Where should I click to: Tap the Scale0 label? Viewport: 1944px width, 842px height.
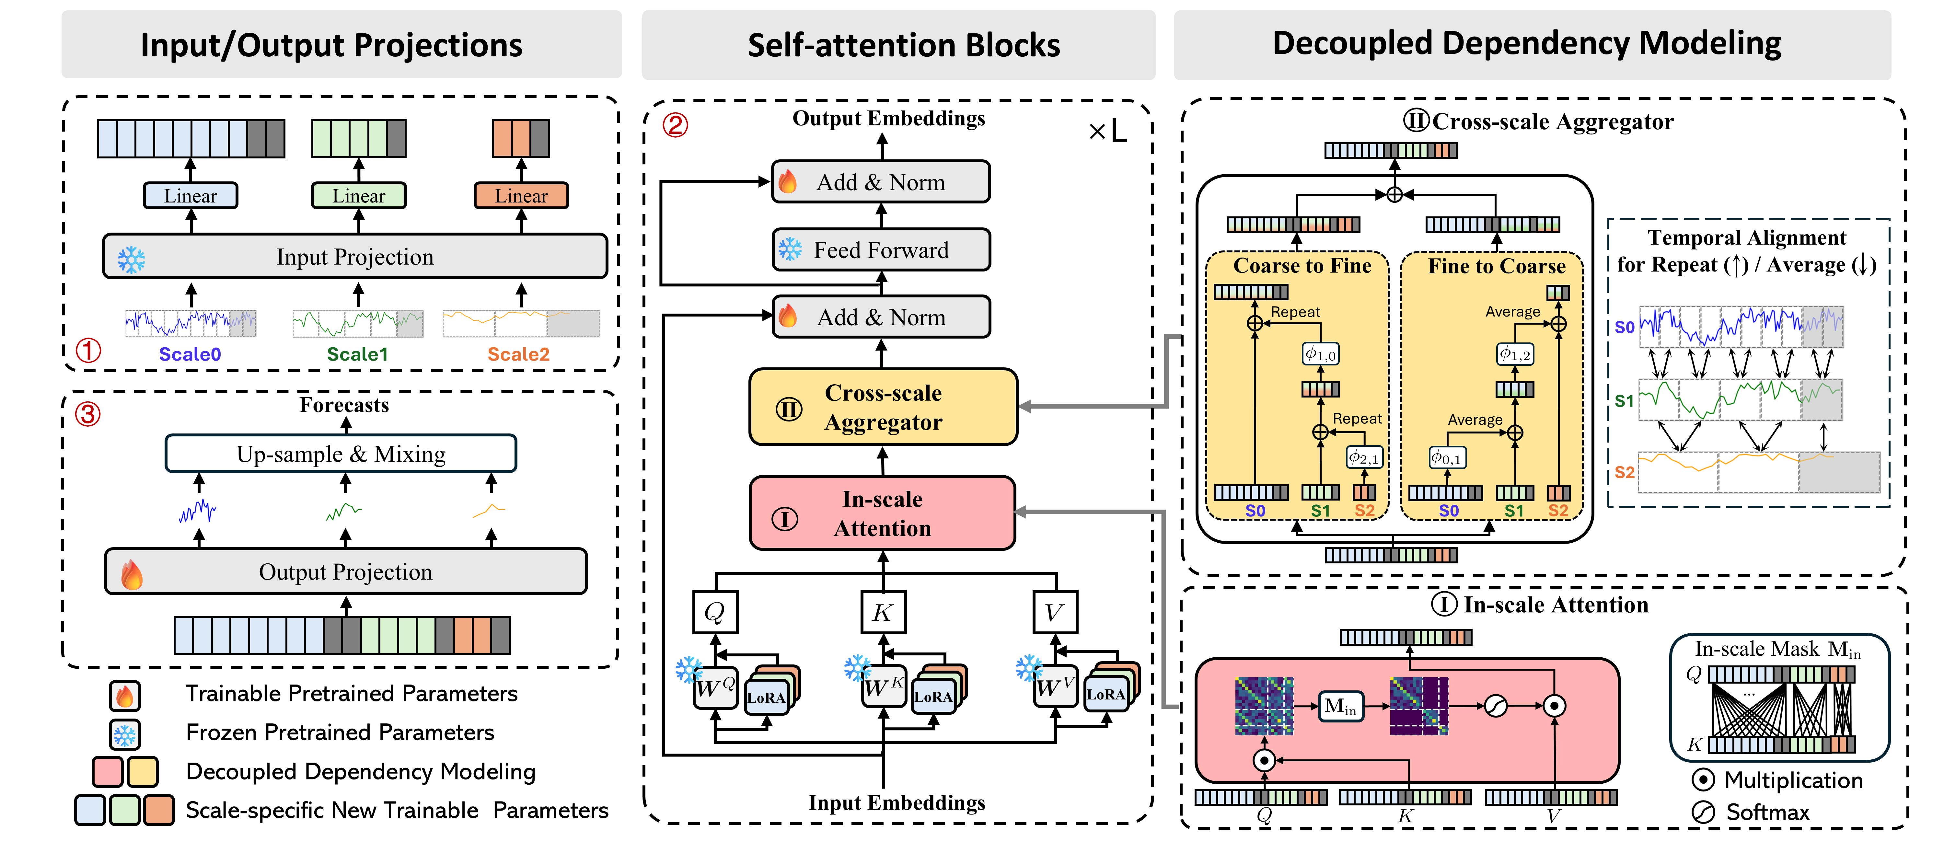click(190, 354)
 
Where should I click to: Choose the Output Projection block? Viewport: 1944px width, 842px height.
click(346, 572)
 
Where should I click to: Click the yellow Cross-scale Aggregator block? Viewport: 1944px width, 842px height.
click(883, 408)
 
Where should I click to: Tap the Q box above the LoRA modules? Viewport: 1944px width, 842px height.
click(715, 612)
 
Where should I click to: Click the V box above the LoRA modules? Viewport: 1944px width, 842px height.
click(1054, 612)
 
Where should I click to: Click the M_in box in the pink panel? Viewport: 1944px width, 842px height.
click(1340, 706)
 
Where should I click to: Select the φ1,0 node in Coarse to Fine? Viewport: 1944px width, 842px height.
click(1321, 354)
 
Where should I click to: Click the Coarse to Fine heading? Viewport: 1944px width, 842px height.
click(1302, 266)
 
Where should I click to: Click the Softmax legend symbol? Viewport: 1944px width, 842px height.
click(1703, 812)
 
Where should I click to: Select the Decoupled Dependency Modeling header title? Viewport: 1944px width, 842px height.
click(1527, 44)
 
